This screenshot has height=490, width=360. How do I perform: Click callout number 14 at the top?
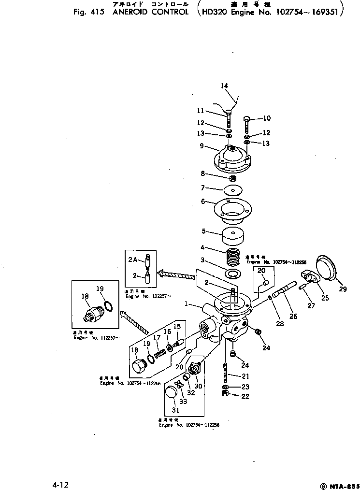(x=224, y=86)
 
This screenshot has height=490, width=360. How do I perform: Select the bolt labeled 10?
(x=247, y=125)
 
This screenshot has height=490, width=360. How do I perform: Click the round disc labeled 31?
(x=170, y=394)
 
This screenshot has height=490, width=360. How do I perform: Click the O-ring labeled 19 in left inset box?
(x=109, y=307)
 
